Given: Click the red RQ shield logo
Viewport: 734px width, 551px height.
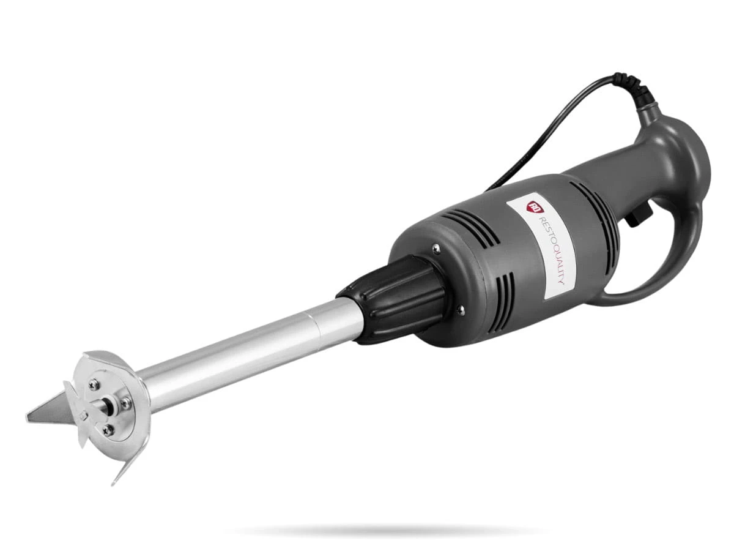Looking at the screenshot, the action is (532, 207).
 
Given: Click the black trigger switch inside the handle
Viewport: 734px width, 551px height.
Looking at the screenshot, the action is (637, 217).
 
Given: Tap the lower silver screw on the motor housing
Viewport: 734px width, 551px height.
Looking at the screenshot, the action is (461, 309).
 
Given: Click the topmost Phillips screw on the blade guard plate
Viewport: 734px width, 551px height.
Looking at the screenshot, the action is (95, 384).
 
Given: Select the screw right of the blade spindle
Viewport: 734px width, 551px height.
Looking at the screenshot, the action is (126, 404).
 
